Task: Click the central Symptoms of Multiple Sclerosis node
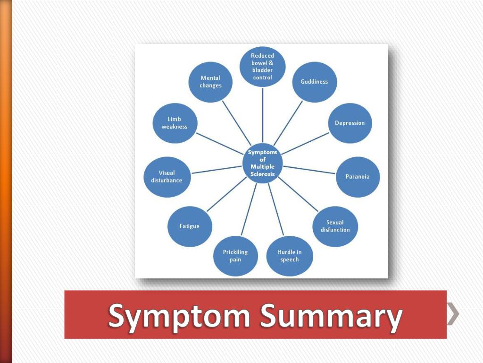click(263, 164)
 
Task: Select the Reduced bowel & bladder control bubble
click(263, 67)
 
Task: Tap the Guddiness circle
click(314, 82)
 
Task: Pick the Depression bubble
click(350, 123)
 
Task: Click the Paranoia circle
click(358, 177)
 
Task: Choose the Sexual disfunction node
click(335, 226)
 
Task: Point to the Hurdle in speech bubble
click(290, 256)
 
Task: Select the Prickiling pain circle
click(235, 256)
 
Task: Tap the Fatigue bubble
click(190, 226)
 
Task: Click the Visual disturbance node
click(167, 177)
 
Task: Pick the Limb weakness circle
click(175, 123)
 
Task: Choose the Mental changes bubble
click(210, 82)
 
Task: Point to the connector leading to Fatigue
click(226, 195)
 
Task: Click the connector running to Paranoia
click(309, 170)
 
